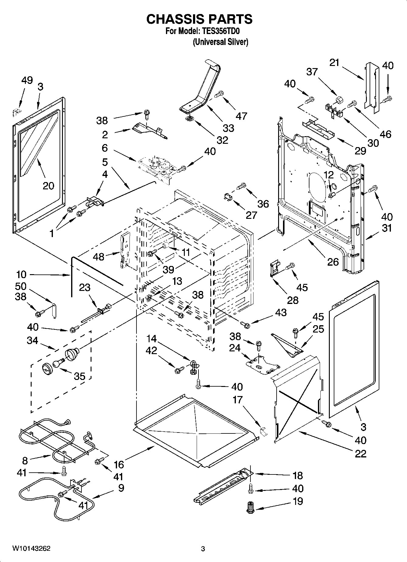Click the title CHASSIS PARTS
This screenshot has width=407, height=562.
(x=199, y=19)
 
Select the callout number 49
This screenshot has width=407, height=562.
(x=27, y=81)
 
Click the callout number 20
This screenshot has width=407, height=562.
(x=48, y=185)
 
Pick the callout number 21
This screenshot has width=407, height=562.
(x=334, y=63)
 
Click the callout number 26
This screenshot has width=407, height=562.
(x=333, y=261)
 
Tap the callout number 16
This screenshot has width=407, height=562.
(x=119, y=464)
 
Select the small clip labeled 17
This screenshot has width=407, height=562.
(x=263, y=431)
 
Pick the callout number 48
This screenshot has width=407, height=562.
(x=99, y=257)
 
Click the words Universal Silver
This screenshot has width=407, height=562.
(x=220, y=42)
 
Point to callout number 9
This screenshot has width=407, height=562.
(x=121, y=488)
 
